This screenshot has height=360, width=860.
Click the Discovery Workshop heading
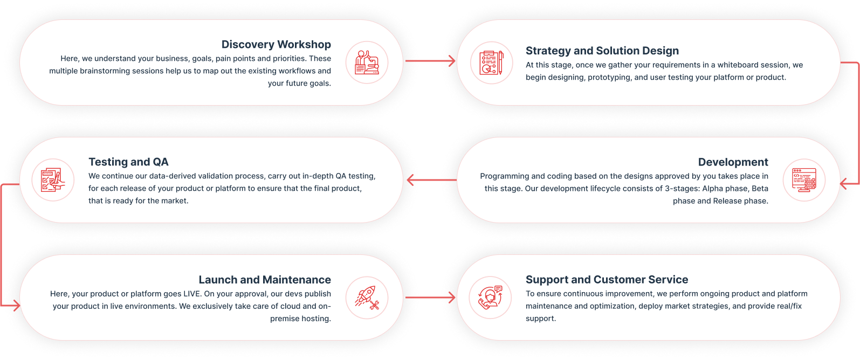276,45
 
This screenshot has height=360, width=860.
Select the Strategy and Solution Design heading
602,51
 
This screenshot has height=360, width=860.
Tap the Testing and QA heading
128,162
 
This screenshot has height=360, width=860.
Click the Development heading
733,162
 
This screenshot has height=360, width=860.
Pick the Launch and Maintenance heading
265,280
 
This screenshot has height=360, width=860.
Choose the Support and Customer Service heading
607,280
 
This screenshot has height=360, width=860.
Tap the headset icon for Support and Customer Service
491,297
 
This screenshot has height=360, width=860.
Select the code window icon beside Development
804,180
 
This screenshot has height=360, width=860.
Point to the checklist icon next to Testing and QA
53,180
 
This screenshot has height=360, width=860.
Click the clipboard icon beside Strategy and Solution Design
491,63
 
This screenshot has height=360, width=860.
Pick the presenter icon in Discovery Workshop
367,63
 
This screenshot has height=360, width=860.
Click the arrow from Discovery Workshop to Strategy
430,61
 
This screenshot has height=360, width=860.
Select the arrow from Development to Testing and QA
430,180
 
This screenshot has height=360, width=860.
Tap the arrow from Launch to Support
430,297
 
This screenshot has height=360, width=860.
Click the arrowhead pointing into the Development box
845,184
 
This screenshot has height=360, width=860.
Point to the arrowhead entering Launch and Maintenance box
16,306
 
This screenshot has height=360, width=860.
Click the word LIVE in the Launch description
192,294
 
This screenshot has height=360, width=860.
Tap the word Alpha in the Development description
713,189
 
